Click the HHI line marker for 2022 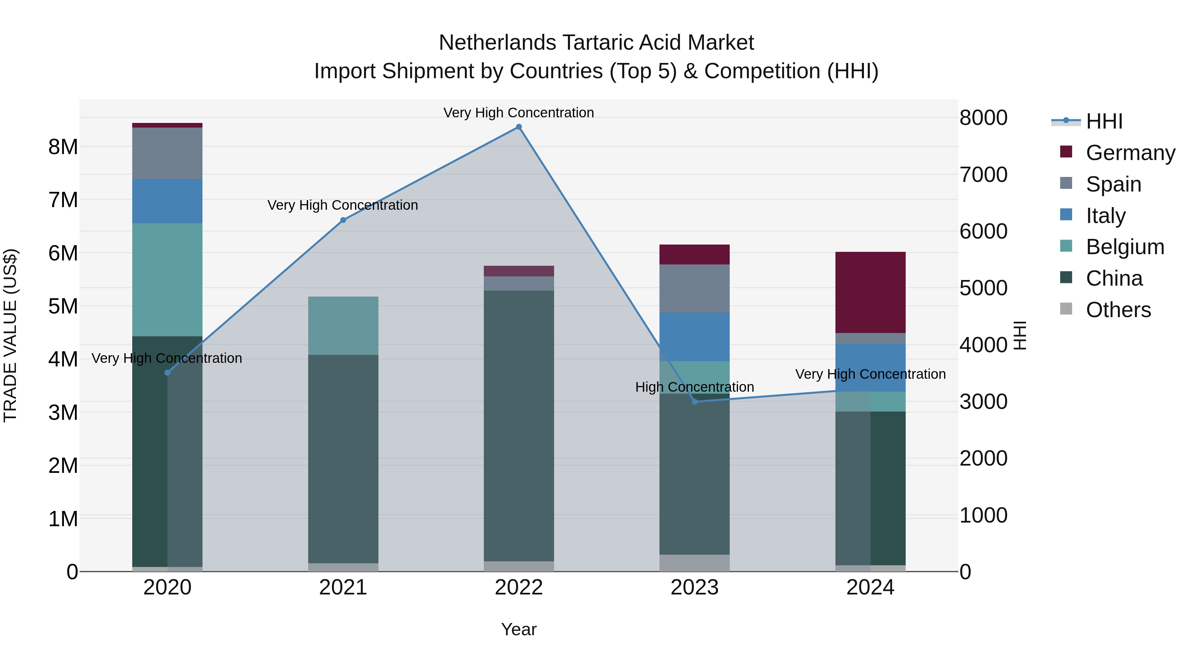pyautogui.click(x=519, y=127)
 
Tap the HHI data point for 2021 pyautogui.click(x=343, y=220)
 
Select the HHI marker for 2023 pyautogui.click(x=695, y=402)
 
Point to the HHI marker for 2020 pyautogui.click(x=168, y=373)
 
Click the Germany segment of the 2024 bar pyautogui.click(x=870, y=292)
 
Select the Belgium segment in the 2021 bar pyautogui.click(x=343, y=325)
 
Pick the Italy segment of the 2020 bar pyautogui.click(x=167, y=201)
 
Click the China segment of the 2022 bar pyautogui.click(x=519, y=426)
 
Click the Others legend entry pyautogui.click(x=1118, y=310)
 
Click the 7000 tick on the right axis pyautogui.click(x=983, y=175)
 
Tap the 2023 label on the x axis pyautogui.click(x=694, y=587)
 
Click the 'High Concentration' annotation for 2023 pyautogui.click(x=694, y=387)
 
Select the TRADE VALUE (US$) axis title pyautogui.click(x=10, y=335)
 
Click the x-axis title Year pyautogui.click(x=519, y=629)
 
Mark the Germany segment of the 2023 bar pyautogui.click(x=694, y=254)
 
